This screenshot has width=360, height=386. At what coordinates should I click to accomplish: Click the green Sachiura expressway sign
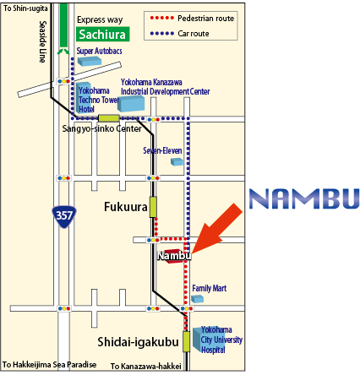[103, 34]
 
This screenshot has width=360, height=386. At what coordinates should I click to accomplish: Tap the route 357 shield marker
[64, 216]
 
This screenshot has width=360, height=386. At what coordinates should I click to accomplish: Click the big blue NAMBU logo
[304, 198]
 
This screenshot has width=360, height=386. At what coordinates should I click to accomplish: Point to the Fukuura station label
[126, 207]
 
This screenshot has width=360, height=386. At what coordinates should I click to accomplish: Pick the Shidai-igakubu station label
[138, 342]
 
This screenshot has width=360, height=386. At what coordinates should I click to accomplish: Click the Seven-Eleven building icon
[177, 161]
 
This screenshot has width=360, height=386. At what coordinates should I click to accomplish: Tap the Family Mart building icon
[198, 299]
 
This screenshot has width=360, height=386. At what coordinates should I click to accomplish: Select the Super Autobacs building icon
[90, 61]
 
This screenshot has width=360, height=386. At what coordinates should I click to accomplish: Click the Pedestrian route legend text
[206, 19]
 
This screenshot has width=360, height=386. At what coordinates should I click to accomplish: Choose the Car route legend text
[194, 34]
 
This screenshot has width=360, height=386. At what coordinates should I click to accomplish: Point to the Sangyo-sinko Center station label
[101, 128]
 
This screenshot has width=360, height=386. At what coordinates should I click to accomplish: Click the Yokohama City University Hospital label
[221, 340]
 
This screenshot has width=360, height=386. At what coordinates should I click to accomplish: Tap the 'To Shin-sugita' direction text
[25, 8]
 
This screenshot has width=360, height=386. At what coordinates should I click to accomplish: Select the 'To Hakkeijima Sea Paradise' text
[49, 365]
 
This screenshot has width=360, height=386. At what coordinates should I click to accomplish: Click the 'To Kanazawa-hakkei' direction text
[146, 367]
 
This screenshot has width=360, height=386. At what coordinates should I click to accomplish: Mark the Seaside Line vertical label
[42, 41]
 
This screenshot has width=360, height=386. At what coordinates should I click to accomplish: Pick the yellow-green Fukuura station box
[153, 207]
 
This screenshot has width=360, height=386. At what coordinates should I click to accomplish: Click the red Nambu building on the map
[172, 256]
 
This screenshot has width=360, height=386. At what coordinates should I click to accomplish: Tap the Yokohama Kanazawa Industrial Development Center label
[166, 87]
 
